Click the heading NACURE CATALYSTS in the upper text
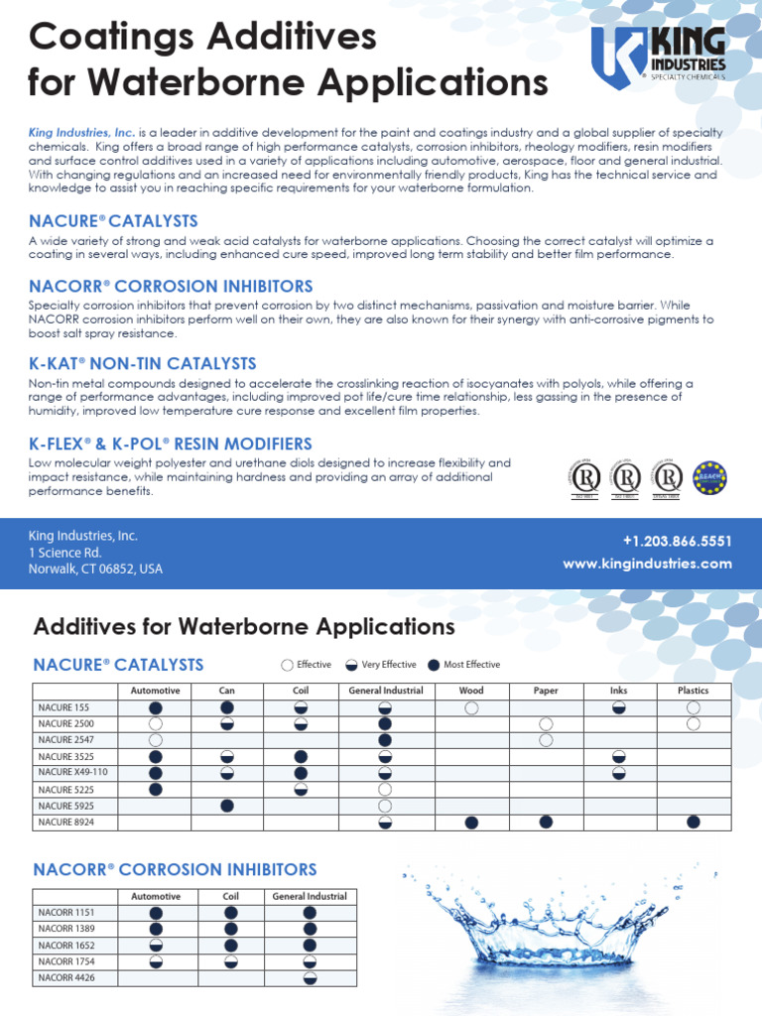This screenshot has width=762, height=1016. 114,221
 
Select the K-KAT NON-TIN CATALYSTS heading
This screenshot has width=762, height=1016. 143,364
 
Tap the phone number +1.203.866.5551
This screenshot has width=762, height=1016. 677,541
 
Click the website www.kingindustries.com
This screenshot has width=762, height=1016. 647,564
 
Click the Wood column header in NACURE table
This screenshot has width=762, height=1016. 471,691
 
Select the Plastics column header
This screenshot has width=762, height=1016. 693,691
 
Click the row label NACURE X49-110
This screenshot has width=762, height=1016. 72,773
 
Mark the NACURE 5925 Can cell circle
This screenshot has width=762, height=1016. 227,806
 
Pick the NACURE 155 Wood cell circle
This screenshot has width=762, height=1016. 471,707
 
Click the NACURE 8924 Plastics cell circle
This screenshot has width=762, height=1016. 693,822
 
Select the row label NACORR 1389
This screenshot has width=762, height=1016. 66,928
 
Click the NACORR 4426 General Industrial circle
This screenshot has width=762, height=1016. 310,977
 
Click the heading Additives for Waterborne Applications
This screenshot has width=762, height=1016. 244,627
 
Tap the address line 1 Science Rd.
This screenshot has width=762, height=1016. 65,553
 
